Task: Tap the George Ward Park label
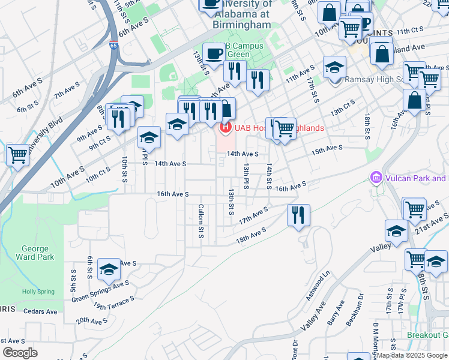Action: tap(38, 253)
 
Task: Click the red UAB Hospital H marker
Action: tap(226, 127)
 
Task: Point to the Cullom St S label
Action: tap(201, 221)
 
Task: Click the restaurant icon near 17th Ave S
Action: tap(298, 215)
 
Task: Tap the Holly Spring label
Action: tap(38, 292)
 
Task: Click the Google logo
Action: tap(20, 353)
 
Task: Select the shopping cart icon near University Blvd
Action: tap(18, 155)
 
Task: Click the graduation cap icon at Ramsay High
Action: tap(334, 67)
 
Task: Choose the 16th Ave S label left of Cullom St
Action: tap(173, 194)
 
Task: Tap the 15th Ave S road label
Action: tap(327, 148)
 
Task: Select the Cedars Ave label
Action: tap(41, 311)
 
